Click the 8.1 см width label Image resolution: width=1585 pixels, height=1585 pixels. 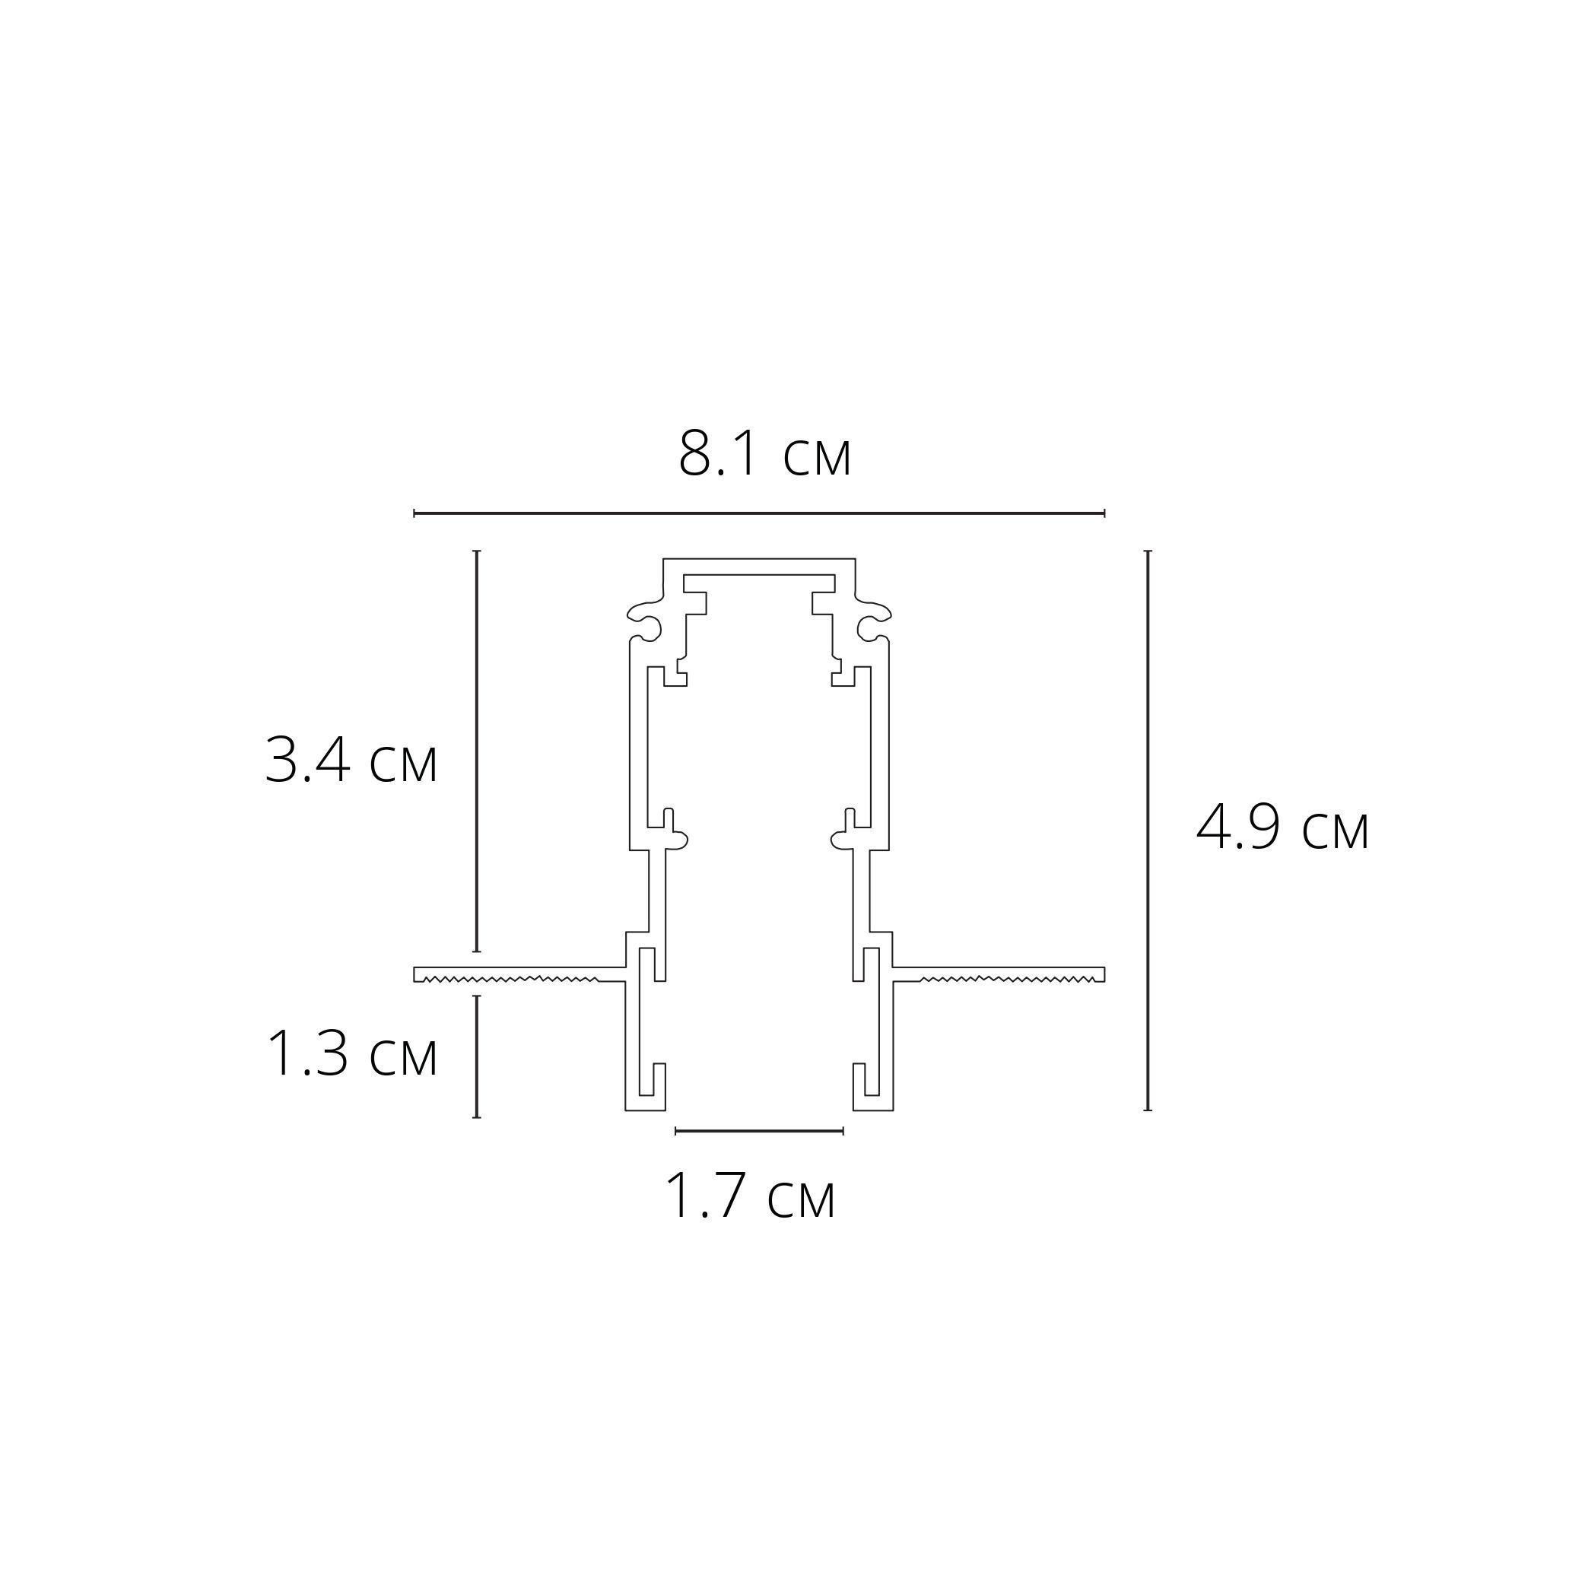point(764,454)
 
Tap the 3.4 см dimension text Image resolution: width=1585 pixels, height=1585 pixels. point(351,761)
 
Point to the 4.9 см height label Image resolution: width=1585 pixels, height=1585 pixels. point(1282,827)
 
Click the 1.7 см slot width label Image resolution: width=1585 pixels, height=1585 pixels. point(749,1196)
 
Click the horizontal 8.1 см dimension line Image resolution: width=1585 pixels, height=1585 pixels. point(759,513)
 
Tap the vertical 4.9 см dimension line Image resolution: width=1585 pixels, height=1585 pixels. point(1148,831)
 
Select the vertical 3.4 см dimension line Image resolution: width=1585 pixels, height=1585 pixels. point(477,751)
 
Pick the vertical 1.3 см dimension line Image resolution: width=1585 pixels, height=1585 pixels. point(477,1056)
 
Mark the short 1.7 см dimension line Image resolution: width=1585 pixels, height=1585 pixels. point(759,1131)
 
